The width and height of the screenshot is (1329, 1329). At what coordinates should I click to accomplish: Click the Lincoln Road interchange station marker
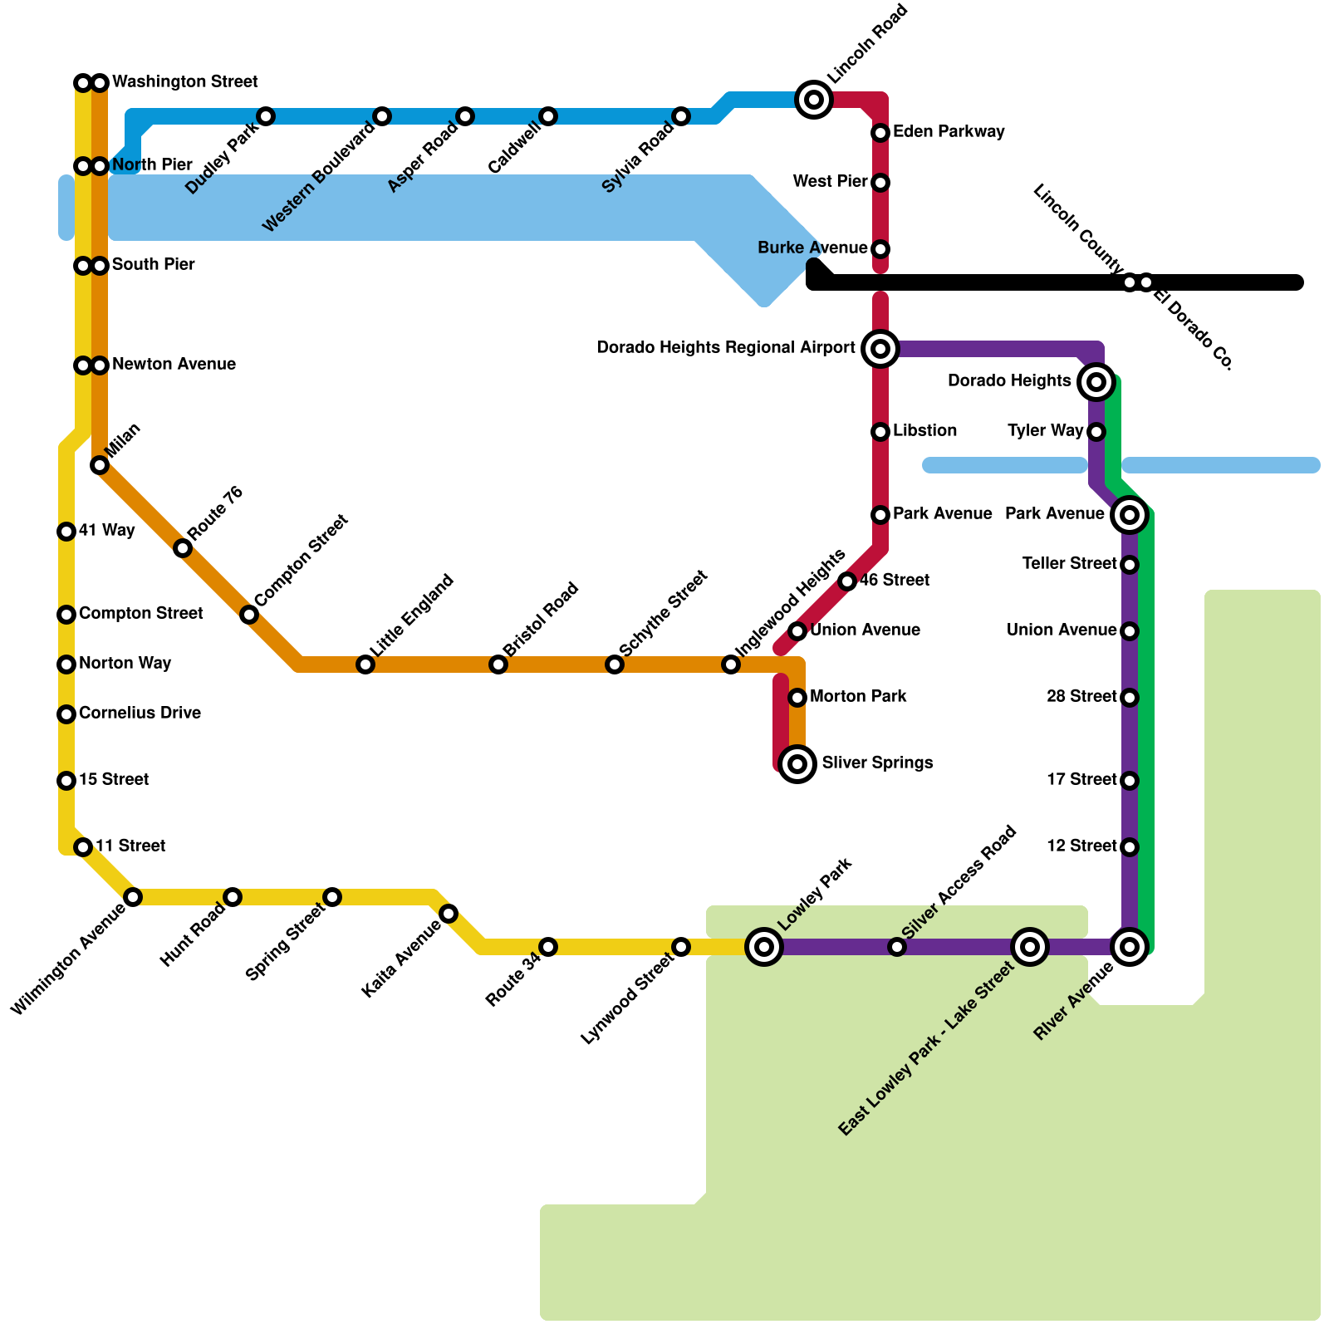click(814, 100)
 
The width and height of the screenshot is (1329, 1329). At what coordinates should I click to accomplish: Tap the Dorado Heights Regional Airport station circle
click(880, 348)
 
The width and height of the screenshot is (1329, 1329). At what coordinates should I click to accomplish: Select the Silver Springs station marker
click(797, 763)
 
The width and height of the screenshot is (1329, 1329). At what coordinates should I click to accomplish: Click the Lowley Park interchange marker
click(764, 946)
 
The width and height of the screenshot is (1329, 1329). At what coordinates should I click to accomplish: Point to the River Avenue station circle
click(1129, 946)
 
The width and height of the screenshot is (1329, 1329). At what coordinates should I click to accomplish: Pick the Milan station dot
click(100, 465)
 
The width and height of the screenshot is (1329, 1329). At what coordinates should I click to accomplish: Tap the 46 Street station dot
click(847, 581)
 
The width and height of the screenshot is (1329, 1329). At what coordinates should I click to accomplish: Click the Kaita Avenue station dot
click(449, 914)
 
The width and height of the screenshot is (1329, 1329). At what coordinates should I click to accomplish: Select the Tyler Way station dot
click(1096, 432)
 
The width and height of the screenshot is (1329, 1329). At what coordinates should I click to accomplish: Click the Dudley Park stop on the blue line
click(266, 116)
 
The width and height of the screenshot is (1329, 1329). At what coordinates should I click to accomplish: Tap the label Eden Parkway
click(949, 132)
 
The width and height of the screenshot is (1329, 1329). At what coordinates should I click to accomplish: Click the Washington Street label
click(185, 82)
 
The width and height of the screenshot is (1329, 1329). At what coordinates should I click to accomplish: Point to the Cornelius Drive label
click(140, 714)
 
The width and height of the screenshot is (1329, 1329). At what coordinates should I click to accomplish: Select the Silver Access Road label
click(959, 882)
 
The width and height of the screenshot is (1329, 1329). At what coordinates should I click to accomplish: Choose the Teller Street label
click(1070, 564)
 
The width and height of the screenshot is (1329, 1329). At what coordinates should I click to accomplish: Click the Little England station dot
click(365, 664)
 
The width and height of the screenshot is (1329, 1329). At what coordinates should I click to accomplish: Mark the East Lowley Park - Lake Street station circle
click(1030, 946)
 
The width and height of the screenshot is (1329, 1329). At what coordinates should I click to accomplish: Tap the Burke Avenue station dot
click(880, 249)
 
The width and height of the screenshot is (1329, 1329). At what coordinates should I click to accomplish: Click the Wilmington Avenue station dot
click(133, 897)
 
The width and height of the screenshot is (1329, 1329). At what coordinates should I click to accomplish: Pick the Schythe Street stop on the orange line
click(614, 664)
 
